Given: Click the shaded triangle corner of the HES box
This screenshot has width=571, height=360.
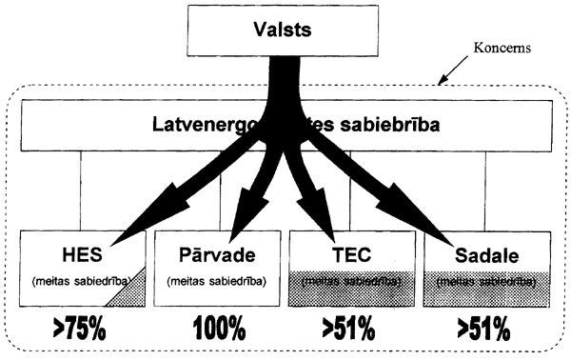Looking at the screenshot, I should [x=131, y=293].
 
